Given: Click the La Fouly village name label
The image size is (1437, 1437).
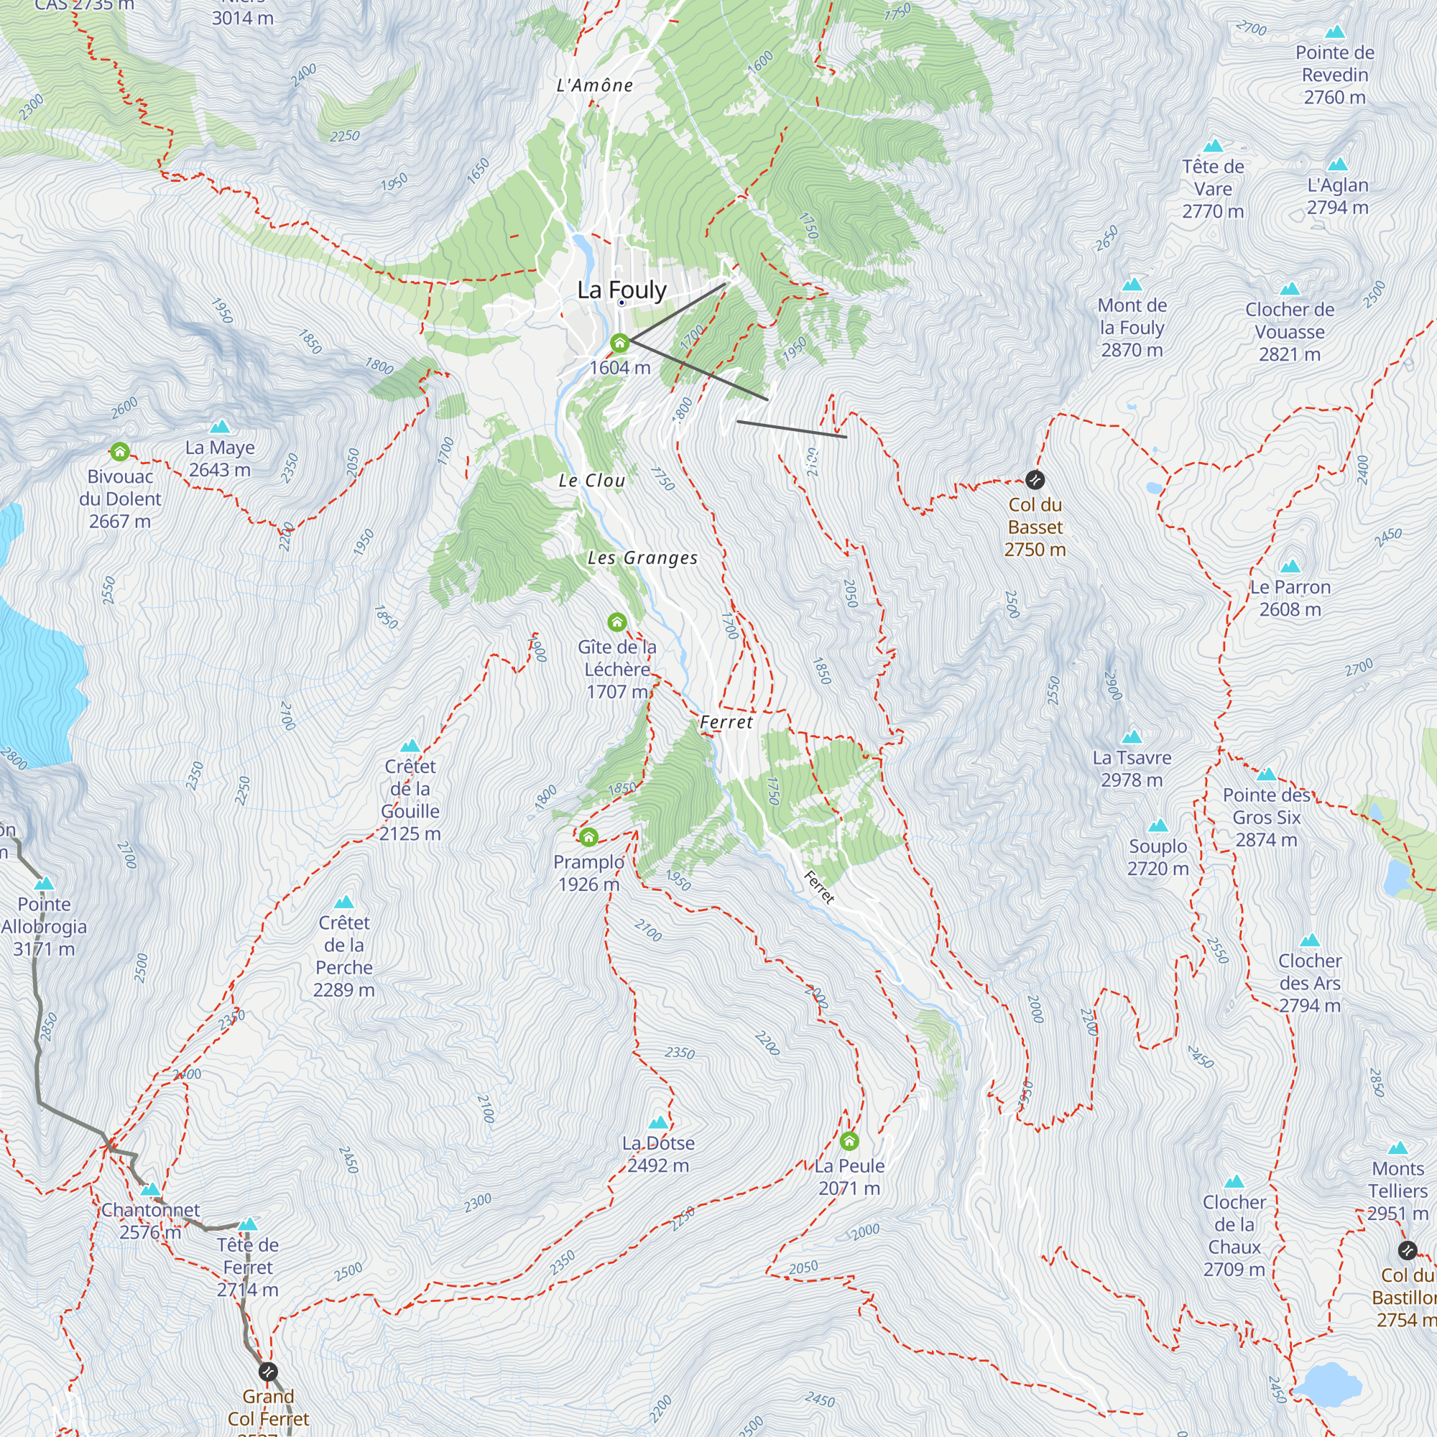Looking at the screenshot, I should click(622, 290).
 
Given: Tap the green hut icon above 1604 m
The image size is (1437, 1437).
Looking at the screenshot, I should click(619, 343).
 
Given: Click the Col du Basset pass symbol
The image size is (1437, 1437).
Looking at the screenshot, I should click(1035, 480).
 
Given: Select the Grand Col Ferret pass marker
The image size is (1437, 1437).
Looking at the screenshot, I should click(268, 1372).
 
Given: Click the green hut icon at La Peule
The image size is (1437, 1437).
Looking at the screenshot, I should click(849, 1141).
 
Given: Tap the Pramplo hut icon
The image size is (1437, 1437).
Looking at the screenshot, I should click(588, 838).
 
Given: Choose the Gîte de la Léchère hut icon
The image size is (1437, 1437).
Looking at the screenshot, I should click(616, 622).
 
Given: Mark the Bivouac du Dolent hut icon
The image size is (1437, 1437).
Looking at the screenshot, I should click(120, 451).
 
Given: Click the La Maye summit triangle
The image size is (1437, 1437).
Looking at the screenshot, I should click(219, 427).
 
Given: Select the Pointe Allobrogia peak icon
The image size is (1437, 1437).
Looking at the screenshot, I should click(45, 884).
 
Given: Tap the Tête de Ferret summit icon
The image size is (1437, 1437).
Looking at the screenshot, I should click(248, 1224).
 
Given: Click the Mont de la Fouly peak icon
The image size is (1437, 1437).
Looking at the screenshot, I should click(1132, 284).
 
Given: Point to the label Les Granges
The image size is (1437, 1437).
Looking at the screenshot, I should click(642, 558).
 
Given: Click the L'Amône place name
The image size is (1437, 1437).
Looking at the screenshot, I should click(595, 86).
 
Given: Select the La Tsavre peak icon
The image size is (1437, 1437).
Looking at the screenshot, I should click(1132, 737).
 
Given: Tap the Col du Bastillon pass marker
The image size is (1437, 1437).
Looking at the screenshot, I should click(1408, 1250).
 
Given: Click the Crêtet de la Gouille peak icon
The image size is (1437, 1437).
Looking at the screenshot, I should click(410, 746).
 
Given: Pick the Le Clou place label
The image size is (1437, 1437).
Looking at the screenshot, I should click(592, 481).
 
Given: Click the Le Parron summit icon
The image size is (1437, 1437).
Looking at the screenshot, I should click(1290, 566).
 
